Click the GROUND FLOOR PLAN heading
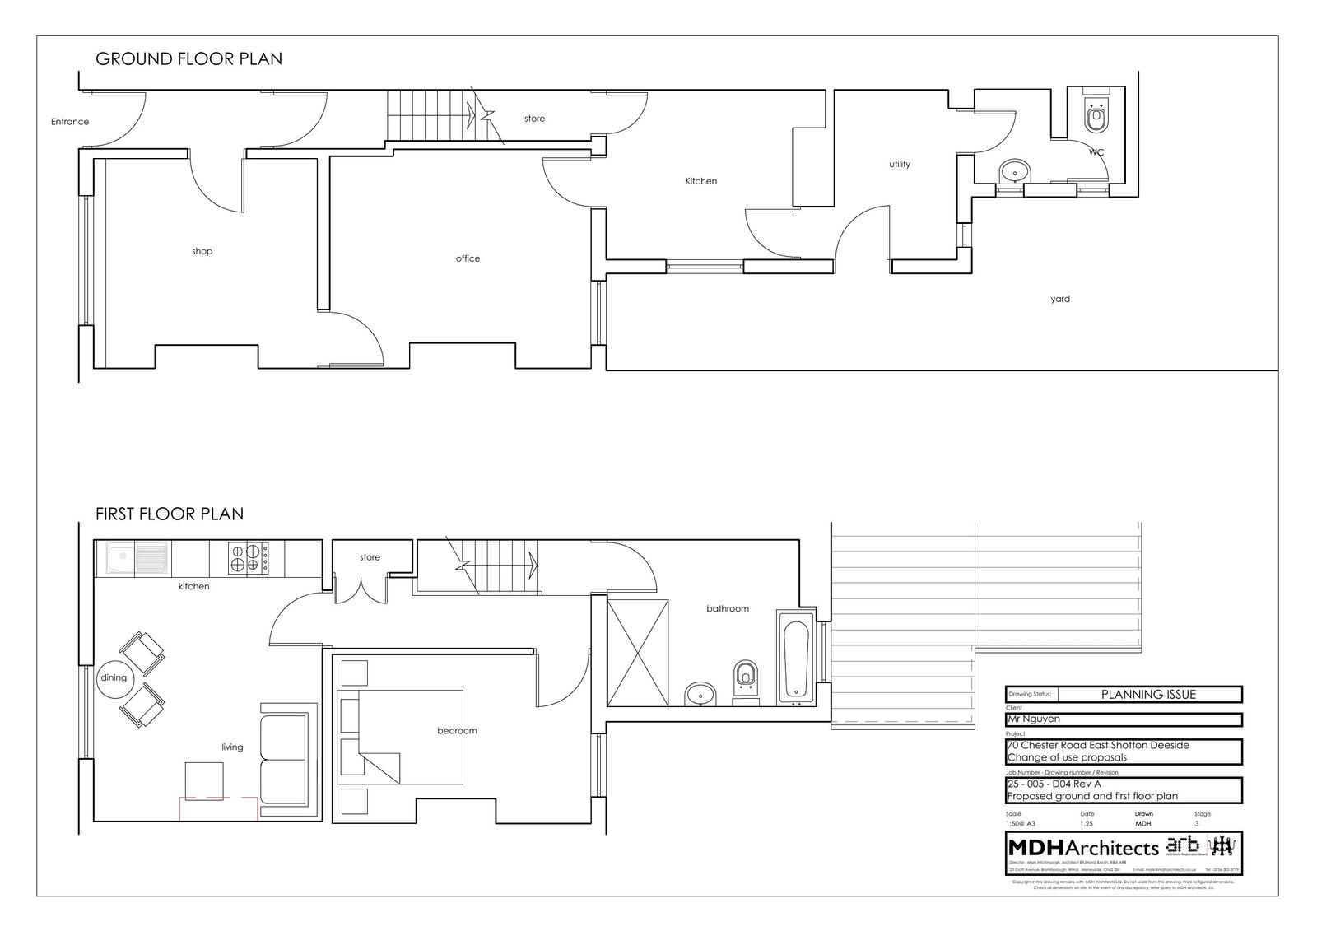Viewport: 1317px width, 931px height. tap(188, 58)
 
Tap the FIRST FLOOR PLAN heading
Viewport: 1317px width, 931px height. tap(170, 514)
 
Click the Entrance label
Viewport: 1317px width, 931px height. tap(70, 122)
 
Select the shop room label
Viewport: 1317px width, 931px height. tap(202, 251)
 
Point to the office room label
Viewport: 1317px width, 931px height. tap(468, 258)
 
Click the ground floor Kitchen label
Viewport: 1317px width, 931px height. tap(700, 181)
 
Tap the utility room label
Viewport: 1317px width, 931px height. tap(900, 164)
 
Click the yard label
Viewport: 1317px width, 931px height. tap(1060, 299)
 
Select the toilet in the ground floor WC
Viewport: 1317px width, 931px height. tap(1096, 116)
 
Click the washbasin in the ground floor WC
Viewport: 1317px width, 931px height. tap(1014, 174)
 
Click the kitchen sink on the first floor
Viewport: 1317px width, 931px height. tap(137, 558)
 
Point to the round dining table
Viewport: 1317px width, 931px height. tap(114, 677)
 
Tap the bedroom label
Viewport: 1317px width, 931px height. tap(457, 730)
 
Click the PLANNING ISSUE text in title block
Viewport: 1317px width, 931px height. tap(1148, 694)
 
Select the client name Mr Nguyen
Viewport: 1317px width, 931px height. tap(1034, 719)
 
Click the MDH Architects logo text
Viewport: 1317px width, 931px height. tap(1083, 847)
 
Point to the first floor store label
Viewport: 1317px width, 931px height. tap(370, 557)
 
